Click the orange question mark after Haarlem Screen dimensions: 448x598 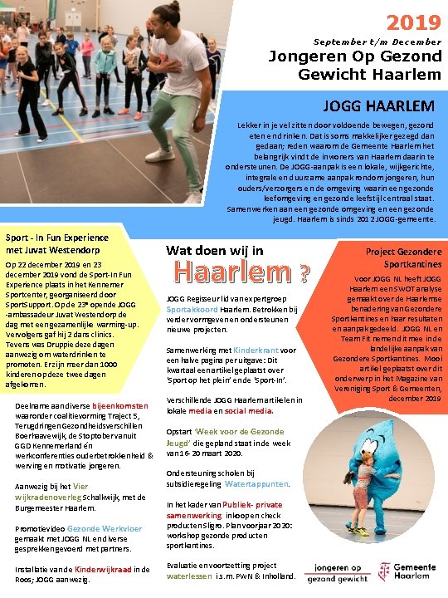tap(305, 273)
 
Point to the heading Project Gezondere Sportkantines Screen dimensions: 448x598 tap(392, 257)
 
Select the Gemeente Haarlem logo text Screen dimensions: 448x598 tap(415, 570)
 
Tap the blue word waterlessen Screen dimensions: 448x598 tap(188, 576)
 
